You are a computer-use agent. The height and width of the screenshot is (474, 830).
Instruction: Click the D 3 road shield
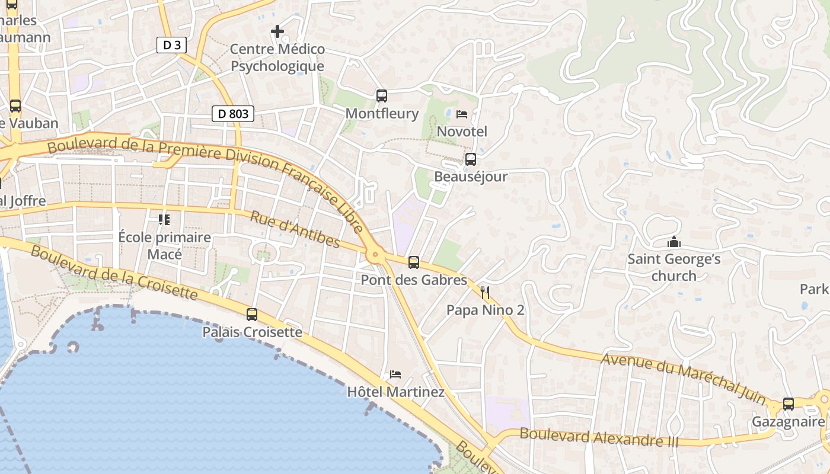[171, 45]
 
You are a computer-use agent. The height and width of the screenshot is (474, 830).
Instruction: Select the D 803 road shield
[233, 114]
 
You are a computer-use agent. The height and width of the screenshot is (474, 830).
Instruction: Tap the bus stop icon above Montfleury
[382, 95]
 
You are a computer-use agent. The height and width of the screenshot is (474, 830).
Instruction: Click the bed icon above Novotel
[462, 114]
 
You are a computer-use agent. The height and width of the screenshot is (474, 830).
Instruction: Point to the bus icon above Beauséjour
[471, 159]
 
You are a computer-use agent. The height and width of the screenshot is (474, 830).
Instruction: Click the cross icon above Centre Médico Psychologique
[277, 31]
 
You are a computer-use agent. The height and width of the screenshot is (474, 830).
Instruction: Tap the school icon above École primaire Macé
[164, 220]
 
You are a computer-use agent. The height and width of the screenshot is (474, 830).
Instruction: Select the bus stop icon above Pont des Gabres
[414, 262]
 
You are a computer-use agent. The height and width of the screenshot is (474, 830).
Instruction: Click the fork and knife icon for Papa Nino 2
[485, 292]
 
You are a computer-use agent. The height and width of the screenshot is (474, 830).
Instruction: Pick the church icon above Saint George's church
[673, 242]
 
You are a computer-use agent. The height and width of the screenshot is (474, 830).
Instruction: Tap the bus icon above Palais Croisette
[252, 314]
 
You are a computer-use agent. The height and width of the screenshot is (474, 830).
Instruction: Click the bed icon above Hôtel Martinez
[395, 374]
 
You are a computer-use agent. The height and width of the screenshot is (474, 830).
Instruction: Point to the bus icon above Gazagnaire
[788, 403]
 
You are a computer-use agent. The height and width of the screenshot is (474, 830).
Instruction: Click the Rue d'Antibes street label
[295, 230]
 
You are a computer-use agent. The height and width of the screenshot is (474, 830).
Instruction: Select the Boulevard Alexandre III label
[599, 437]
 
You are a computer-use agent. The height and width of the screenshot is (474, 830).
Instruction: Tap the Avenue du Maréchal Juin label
[682, 376]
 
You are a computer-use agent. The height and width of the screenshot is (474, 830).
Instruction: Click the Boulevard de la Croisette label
[113, 273]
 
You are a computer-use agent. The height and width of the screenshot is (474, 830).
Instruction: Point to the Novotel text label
[462, 131]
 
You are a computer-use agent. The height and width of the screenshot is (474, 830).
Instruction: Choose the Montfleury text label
[382, 113]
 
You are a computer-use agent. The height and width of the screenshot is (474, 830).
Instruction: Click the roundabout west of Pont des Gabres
[375, 255]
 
